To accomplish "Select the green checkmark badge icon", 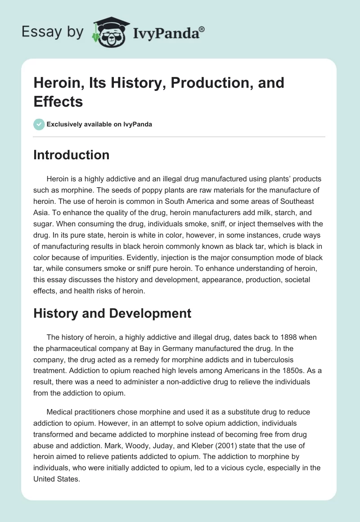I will (39, 124).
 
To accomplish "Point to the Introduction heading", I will (71, 155).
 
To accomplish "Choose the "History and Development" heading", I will (112, 313).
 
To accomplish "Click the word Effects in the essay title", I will (58, 102).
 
